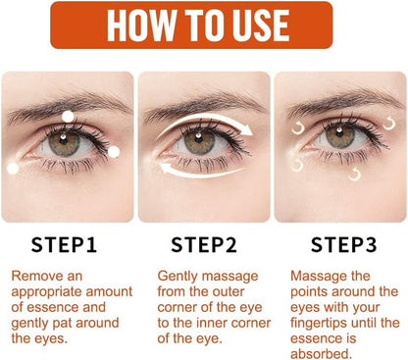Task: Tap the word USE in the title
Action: [x=280, y=25]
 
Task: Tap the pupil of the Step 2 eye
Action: [x=202, y=140]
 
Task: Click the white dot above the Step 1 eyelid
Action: [x=68, y=117]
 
